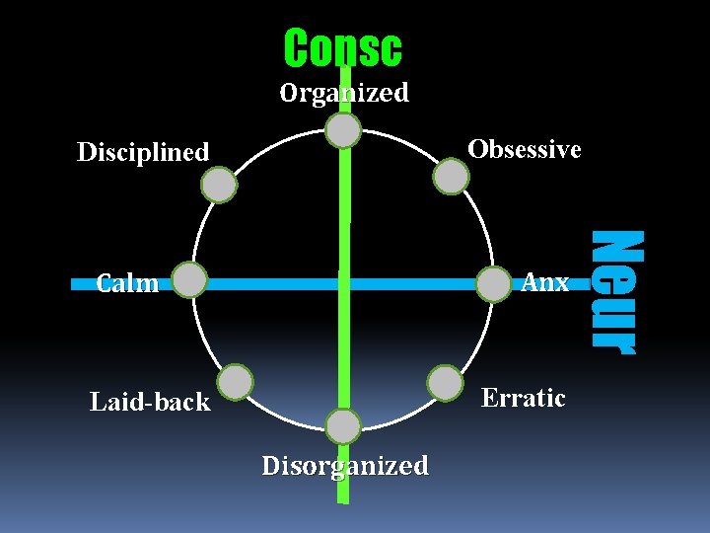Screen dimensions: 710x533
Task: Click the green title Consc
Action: point(342,47)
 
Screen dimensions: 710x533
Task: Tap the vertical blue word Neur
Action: point(615,289)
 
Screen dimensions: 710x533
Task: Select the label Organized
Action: point(343,93)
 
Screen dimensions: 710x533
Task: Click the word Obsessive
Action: point(524,149)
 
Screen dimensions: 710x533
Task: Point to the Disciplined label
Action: point(143,152)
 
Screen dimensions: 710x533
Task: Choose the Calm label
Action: point(127,284)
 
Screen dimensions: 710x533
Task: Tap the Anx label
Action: point(544,282)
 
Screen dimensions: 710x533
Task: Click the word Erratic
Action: point(523,398)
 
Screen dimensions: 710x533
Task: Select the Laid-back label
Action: point(150,402)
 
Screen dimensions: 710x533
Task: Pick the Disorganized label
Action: point(345,465)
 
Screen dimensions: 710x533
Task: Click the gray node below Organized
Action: point(343,130)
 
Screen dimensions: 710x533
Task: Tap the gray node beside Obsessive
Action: point(452,176)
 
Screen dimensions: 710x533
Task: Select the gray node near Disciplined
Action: point(219,185)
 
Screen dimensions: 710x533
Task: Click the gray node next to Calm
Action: point(188,280)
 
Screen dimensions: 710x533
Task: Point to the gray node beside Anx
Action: point(493,284)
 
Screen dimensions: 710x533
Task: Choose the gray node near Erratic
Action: point(446,383)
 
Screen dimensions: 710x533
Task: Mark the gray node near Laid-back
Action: point(235,382)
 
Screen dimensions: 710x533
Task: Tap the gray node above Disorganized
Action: point(343,426)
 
